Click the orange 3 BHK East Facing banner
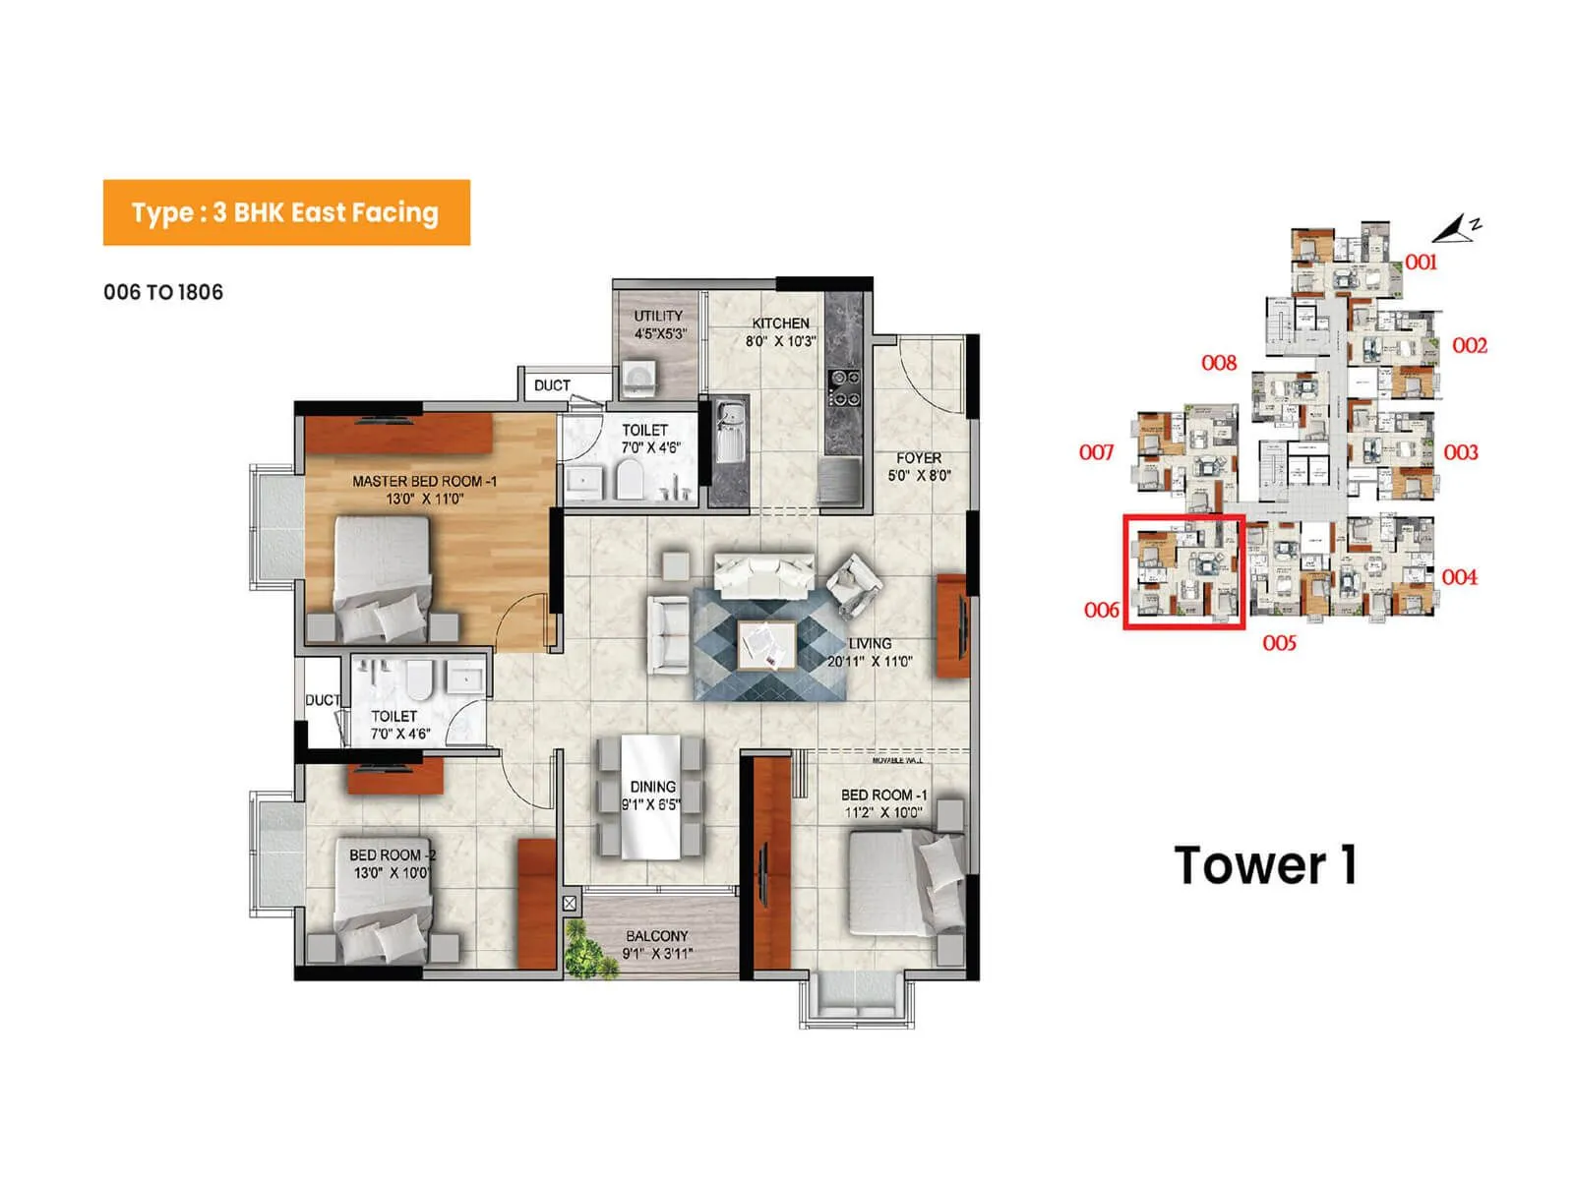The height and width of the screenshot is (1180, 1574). click(285, 212)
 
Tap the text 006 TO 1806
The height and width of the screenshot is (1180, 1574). click(163, 292)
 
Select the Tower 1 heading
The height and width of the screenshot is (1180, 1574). click(1265, 865)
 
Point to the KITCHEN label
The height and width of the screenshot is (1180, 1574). click(780, 324)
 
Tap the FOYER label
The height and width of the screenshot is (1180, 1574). click(919, 458)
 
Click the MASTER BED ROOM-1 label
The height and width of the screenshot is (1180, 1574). click(424, 482)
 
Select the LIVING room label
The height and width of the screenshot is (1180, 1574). click(870, 644)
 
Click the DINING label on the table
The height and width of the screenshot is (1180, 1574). click(652, 787)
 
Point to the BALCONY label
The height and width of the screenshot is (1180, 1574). click(656, 936)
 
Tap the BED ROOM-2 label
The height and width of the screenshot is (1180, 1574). click(392, 855)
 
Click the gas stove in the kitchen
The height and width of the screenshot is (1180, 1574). click(843, 387)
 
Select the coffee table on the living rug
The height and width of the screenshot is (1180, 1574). click(767, 645)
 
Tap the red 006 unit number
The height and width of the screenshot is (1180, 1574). click(1101, 610)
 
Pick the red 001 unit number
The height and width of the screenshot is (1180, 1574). click(1421, 263)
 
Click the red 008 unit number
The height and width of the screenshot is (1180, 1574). click(1218, 363)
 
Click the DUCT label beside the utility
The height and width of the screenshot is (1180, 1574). click(552, 385)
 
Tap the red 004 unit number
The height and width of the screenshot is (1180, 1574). click(1459, 577)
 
